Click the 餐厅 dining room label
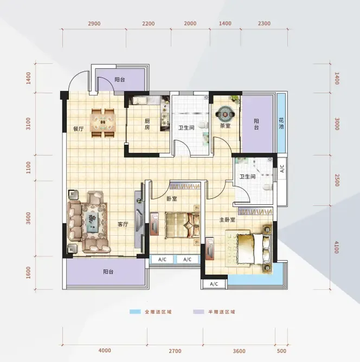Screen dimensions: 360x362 tap(78, 128)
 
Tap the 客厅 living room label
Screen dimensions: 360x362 tap(123, 224)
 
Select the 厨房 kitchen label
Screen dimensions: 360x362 tap(147, 124)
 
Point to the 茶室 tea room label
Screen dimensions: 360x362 tap(225, 126)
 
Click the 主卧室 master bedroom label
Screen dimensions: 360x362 tap(227, 220)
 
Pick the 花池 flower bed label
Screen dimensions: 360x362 tap(281, 123)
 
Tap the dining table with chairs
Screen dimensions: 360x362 tap(103, 123)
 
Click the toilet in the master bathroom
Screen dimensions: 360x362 tap(267, 187)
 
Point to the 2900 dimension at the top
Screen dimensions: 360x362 tap(94, 23)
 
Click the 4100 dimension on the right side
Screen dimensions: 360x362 tap(337, 247)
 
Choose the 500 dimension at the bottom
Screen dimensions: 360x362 tap(281, 351)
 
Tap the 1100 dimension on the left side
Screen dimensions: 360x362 tap(28, 167)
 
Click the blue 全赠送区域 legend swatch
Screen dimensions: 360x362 tap(135, 312)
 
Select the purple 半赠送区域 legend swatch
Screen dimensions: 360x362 tap(198, 312)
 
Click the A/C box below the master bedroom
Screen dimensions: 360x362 tap(214, 284)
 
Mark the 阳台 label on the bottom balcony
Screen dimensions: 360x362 tap(108, 271)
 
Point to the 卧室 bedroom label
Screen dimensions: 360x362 tap(172, 198)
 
